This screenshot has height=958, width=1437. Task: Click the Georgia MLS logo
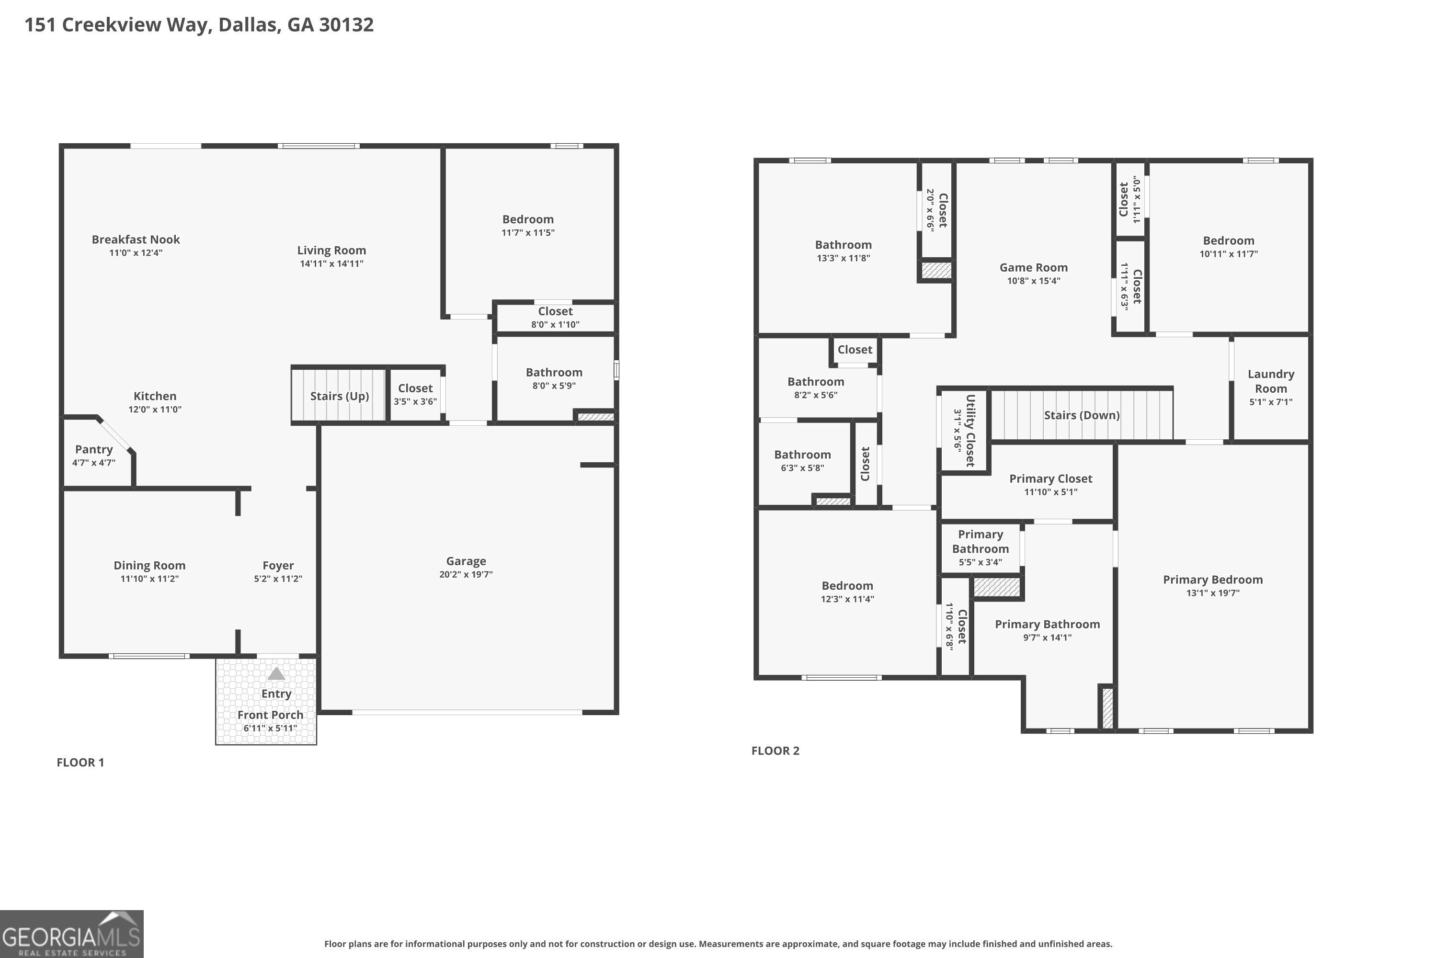coord(71,934)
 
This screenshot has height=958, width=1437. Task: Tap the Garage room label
coord(466,561)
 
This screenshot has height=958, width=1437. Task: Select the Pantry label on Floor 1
coord(93,450)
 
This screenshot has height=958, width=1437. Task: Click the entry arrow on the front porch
coord(276,673)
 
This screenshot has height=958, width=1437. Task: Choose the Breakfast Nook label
coord(136,239)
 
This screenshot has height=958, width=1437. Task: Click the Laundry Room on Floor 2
coord(1270,388)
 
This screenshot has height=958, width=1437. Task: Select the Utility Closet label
coord(969,431)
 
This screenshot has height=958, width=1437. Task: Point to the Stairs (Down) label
coord(1082,415)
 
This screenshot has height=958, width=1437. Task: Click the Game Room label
coord(1033,268)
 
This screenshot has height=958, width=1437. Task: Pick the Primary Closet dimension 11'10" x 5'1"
coord(1050,492)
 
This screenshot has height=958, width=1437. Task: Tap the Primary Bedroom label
coord(1212,580)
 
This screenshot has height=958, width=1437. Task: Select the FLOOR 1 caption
coord(80,763)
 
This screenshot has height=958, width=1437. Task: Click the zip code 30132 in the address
coord(346,24)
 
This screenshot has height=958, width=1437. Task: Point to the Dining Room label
coord(149,566)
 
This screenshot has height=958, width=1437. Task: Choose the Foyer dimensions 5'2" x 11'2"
coord(278,579)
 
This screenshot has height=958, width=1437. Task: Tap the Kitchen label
coord(155,396)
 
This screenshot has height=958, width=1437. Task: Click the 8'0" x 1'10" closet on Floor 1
coord(555,318)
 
